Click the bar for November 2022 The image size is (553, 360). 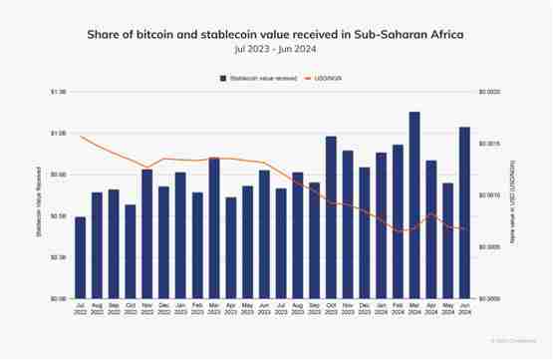point(146,233)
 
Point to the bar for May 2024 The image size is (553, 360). point(448,240)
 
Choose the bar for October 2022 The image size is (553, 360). point(130,251)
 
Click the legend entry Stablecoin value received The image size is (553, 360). point(259,77)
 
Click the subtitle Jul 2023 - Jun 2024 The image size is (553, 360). point(276,49)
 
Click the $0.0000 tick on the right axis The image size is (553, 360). point(490,298)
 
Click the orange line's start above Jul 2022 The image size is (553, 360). point(80,137)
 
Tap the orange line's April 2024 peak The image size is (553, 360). point(431,212)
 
